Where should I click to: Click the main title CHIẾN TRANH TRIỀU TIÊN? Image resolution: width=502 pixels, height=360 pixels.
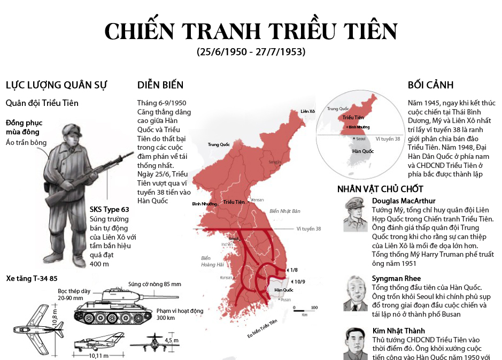[x=251, y=32]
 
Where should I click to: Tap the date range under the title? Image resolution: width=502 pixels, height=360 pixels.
[x=251, y=52]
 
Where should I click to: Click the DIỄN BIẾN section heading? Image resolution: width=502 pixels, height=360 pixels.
[x=160, y=85]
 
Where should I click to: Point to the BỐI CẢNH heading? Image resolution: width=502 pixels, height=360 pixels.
[x=430, y=85]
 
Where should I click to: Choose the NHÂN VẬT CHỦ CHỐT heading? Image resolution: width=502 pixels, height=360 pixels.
[x=380, y=189]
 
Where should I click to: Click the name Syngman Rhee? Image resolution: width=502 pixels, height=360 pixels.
[x=396, y=278]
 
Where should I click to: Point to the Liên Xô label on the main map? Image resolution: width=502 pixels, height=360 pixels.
[x=308, y=111]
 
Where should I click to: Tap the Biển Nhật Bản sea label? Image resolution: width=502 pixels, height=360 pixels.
[x=285, y=211]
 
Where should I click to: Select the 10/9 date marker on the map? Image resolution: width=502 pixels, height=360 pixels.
[x=299, y=282]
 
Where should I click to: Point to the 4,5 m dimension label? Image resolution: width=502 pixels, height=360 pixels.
[x=171, y=340]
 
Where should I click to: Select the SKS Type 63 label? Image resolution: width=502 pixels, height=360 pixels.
[x=109, y=209]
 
